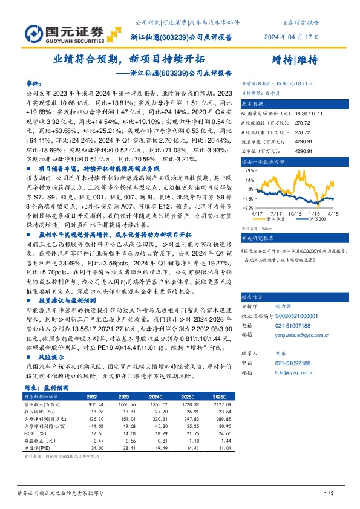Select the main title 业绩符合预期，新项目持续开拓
click(x=129, y=59)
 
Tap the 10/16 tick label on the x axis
click(x=295, y=213)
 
